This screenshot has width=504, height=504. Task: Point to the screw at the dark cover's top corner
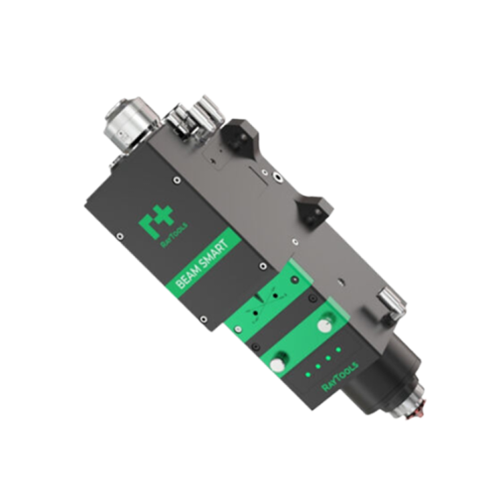point(176,179)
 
